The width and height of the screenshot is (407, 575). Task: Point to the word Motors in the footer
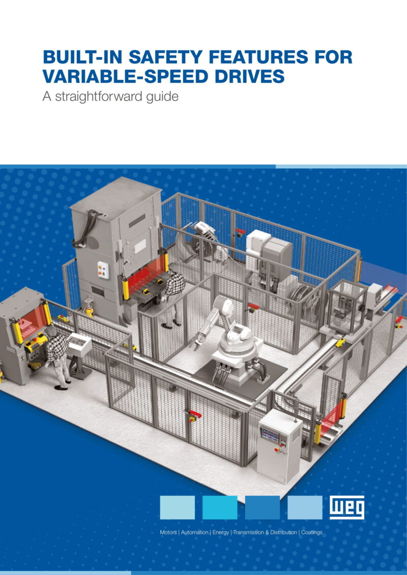pyautogui.click(x=168, y=532)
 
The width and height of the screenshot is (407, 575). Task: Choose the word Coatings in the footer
pyautogui.click(x=311, y=532)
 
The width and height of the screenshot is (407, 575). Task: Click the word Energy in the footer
pyautogui.click(x=221, y=532)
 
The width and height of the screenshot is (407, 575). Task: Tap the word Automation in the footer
pyautogui.click(x=194, y=532)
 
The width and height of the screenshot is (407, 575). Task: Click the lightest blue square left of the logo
pyautogui.click(x=177, y=507)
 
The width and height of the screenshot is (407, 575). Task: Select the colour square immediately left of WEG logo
pyautogui.click(x=305, y=507)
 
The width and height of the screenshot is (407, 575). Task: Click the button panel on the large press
pyautogui.click(x=103, y=270)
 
